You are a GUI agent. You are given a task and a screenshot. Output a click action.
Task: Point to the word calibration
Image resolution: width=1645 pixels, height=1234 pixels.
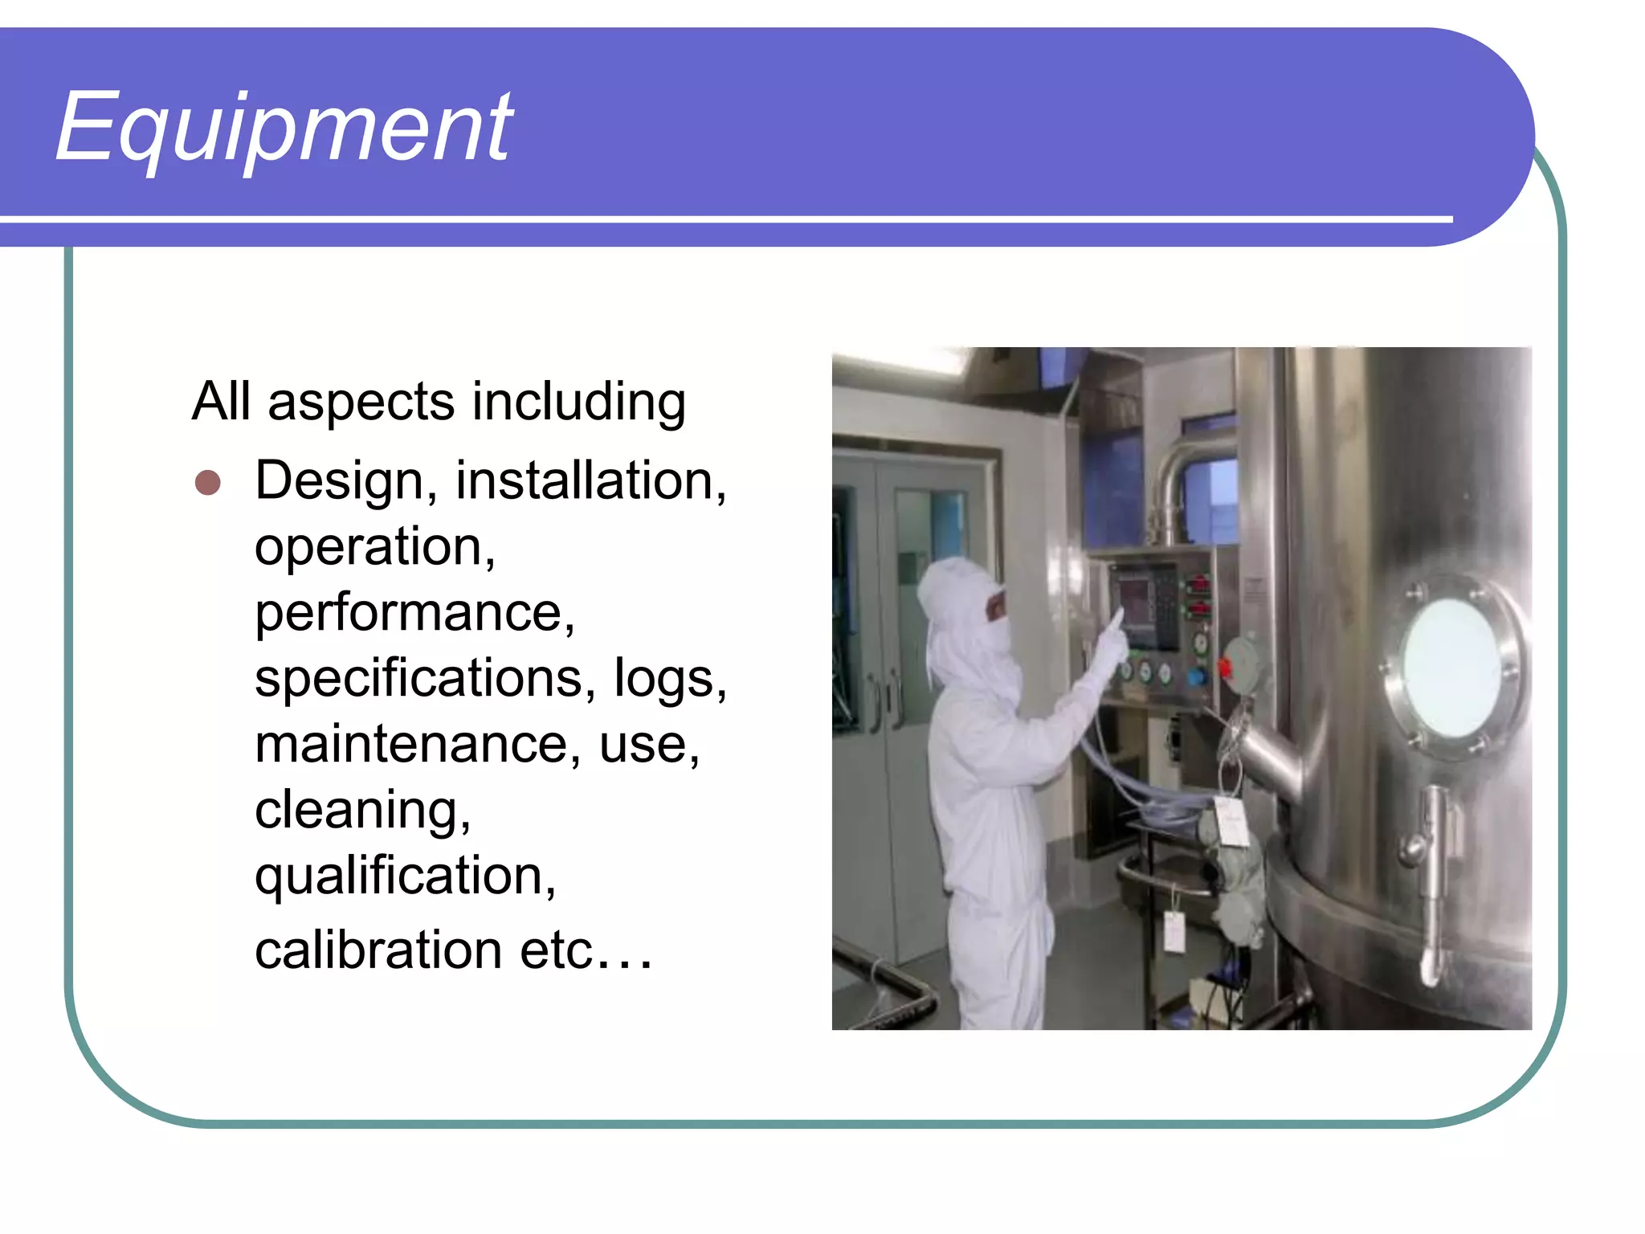(378, 950)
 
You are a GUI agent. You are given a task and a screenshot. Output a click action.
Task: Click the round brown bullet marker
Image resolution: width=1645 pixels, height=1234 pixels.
(208, 483)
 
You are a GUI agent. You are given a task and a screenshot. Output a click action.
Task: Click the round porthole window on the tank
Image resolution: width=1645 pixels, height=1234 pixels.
(1451, 668)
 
